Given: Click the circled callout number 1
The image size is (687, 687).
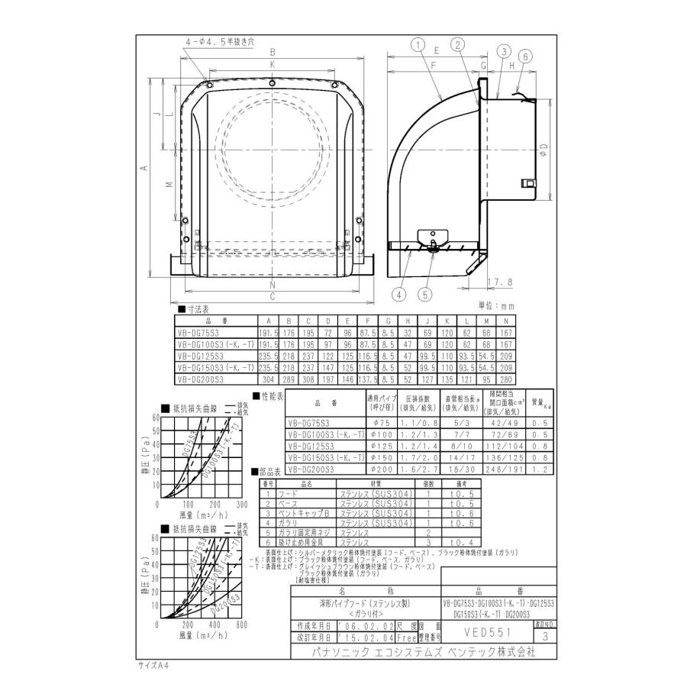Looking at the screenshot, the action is click(418, 45).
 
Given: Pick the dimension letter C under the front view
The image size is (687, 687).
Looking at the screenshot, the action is click(272, 296).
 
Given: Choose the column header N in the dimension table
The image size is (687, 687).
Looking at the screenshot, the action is click(505, 321).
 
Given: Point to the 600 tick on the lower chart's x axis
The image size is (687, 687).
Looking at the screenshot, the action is click(242, 625).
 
